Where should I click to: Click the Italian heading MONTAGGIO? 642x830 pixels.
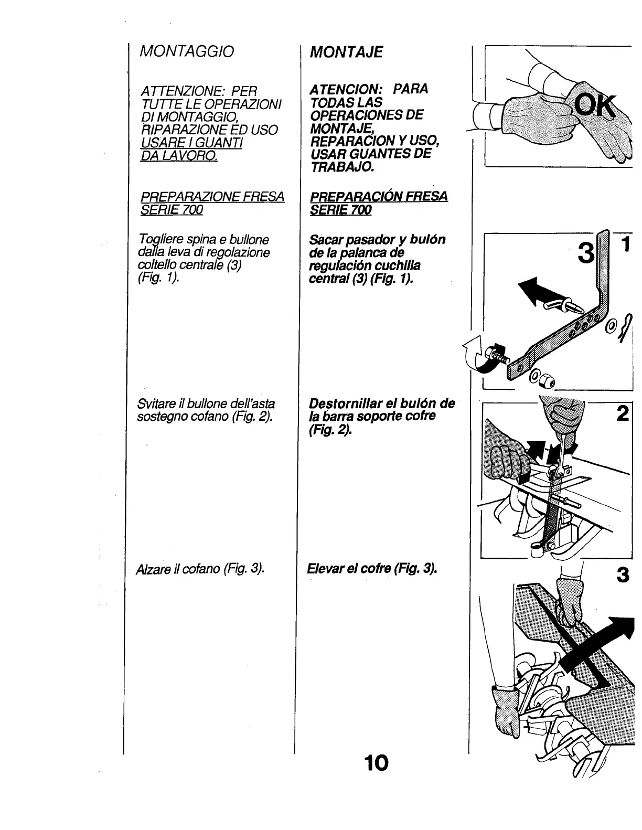[x=186, y=51]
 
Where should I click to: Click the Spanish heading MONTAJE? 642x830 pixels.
[x=346, y=52]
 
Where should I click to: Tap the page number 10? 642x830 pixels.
[x=377, y=762]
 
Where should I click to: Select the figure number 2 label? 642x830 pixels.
[x=623, y=414]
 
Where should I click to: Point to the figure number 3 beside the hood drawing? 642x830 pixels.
[x=622, y=576]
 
